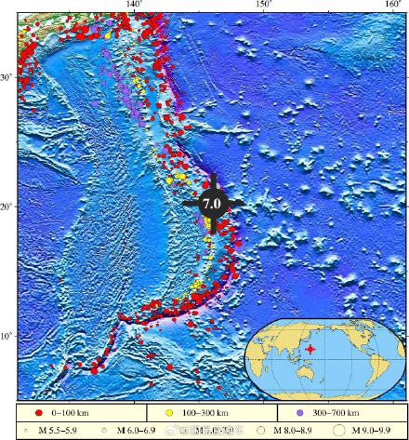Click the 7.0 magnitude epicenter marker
(212, 203)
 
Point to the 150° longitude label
(264, 5)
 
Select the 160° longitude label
(393, 5)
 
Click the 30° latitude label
(7, 76)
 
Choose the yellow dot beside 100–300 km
(172, 410)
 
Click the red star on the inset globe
(310, 348)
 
